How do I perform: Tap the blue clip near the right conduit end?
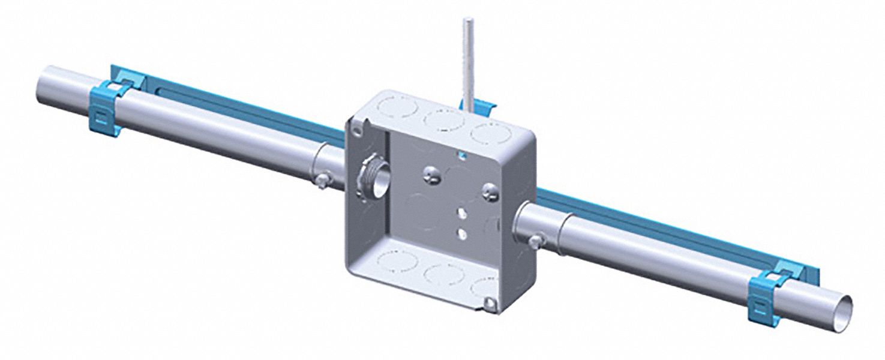coord(764,296)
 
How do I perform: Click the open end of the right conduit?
coord(844,305)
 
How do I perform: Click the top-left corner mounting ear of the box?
coord(358,127)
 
